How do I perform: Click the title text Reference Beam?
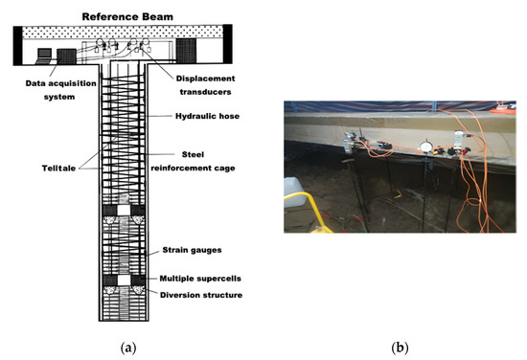(x=125, y=16)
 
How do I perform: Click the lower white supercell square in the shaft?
(x=124, y=281)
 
